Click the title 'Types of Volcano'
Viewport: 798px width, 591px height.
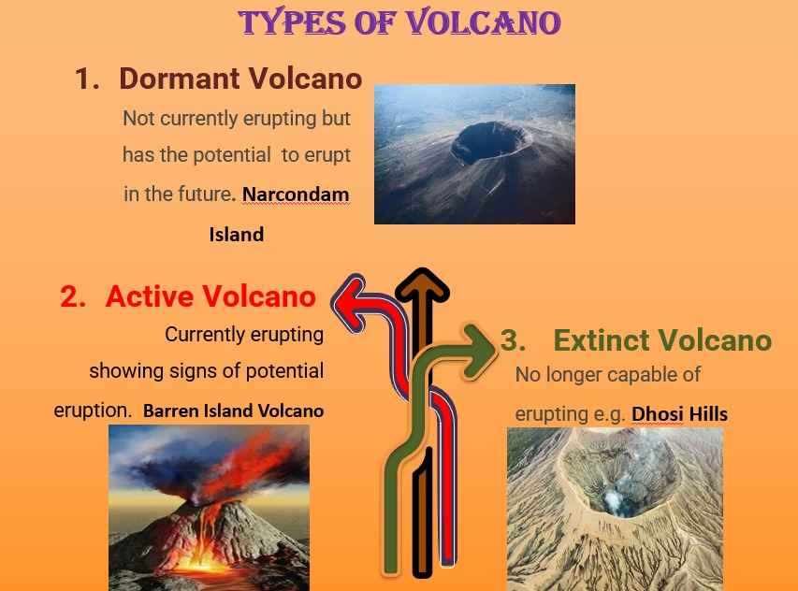pos(399,22)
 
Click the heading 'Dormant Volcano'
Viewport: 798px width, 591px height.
pos(240,79)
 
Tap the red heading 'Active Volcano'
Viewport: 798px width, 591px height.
pos(210,296)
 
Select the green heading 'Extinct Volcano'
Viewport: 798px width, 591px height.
pos(662,340)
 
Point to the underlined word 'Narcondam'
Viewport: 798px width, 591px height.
pos(296,195)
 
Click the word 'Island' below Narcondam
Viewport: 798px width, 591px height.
pos(237,235)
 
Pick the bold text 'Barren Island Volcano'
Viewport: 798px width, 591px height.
pos(234,411)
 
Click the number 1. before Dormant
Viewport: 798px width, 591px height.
pos(87,79)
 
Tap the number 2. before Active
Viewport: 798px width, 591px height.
pos(73,296)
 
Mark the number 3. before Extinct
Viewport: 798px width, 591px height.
pos(513,340)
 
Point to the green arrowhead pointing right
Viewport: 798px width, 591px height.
pos(479,352)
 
